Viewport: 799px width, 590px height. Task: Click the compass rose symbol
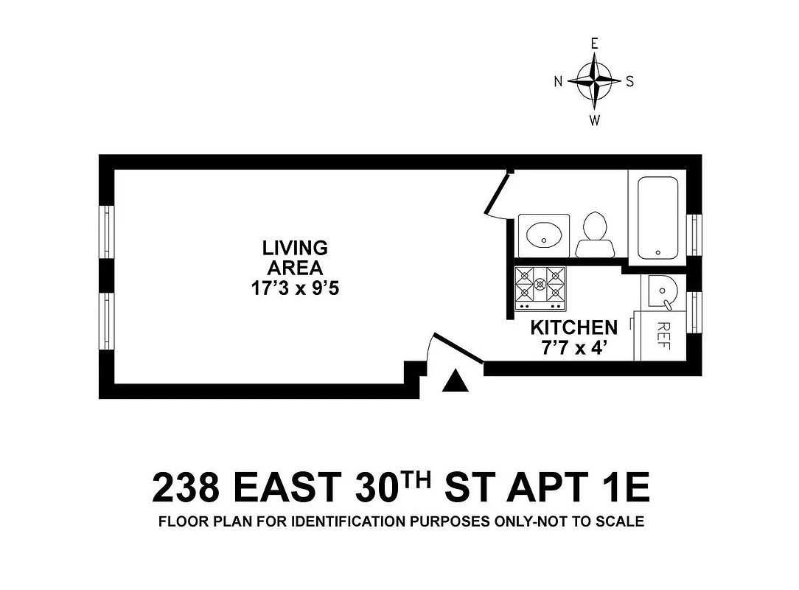tap(594, 81)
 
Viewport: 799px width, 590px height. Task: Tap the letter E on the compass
tap(594, 44)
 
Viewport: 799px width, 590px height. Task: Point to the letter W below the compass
tap(594, 121)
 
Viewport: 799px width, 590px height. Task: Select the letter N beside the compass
tap(559, 82)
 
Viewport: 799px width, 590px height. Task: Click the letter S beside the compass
tap(629, 82)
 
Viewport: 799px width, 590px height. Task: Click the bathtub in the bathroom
tap(657, 217)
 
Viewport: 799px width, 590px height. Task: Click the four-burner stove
tap(540, 288)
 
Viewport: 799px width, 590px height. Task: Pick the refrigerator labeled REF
tap(660, 336)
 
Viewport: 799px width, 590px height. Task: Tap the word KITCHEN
tap(573, 327)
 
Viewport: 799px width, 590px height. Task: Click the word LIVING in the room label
tap(295, 248)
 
